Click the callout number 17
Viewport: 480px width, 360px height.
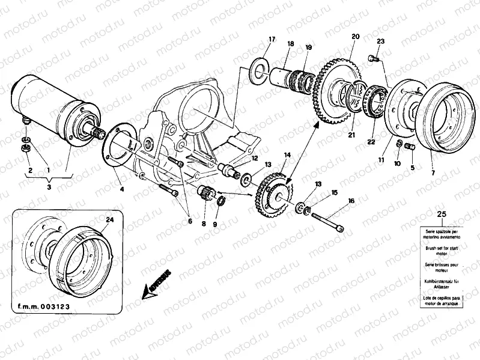[x=272, y=40]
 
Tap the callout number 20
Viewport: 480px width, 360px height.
[x=355, y=37]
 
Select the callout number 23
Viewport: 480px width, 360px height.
[x=380, y=41]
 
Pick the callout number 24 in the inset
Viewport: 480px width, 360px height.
[x=109, y=220]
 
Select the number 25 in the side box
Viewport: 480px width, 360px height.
[x=442, y=215]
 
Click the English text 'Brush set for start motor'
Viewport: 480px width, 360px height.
[x=442, y=250]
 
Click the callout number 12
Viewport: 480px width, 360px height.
[x=255, y=159]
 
